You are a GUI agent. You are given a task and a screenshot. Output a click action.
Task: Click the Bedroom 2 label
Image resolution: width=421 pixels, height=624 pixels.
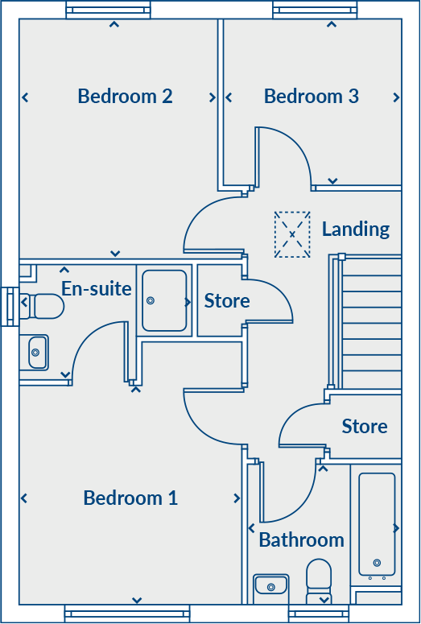point(125,96)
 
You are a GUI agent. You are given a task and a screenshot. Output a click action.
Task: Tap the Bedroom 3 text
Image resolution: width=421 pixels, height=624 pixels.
point(311,96)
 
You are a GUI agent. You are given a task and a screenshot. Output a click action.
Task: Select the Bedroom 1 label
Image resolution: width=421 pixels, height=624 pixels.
point(130,498)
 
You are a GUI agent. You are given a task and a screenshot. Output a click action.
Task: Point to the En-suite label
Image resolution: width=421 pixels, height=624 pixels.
point(97,288)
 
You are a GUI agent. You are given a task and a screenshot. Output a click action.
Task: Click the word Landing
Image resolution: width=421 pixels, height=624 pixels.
point(356,229)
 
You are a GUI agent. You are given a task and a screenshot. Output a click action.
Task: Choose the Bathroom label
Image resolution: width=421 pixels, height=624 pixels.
point(301,539)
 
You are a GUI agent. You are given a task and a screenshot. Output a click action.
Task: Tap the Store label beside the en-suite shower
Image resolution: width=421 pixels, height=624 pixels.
point(227,301)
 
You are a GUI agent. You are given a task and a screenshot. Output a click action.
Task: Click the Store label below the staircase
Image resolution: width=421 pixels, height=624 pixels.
point(365,426)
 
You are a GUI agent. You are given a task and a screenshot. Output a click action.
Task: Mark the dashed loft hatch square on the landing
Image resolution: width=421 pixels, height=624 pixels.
point(292,234)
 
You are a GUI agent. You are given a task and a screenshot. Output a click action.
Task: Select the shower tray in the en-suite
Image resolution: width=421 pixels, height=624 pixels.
point(164,300)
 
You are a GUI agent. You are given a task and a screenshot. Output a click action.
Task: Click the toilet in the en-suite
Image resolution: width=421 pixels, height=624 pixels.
point(43,306)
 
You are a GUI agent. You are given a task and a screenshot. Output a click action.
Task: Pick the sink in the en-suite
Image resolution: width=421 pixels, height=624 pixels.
point(36,352)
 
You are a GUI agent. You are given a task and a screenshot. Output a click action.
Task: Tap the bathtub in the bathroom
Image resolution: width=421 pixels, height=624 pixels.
point(377,524)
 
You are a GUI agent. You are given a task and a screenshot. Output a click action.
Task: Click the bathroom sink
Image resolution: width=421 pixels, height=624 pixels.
point(271,585)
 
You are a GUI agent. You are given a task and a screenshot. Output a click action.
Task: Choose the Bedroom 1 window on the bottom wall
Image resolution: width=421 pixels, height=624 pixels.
point(127,614)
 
